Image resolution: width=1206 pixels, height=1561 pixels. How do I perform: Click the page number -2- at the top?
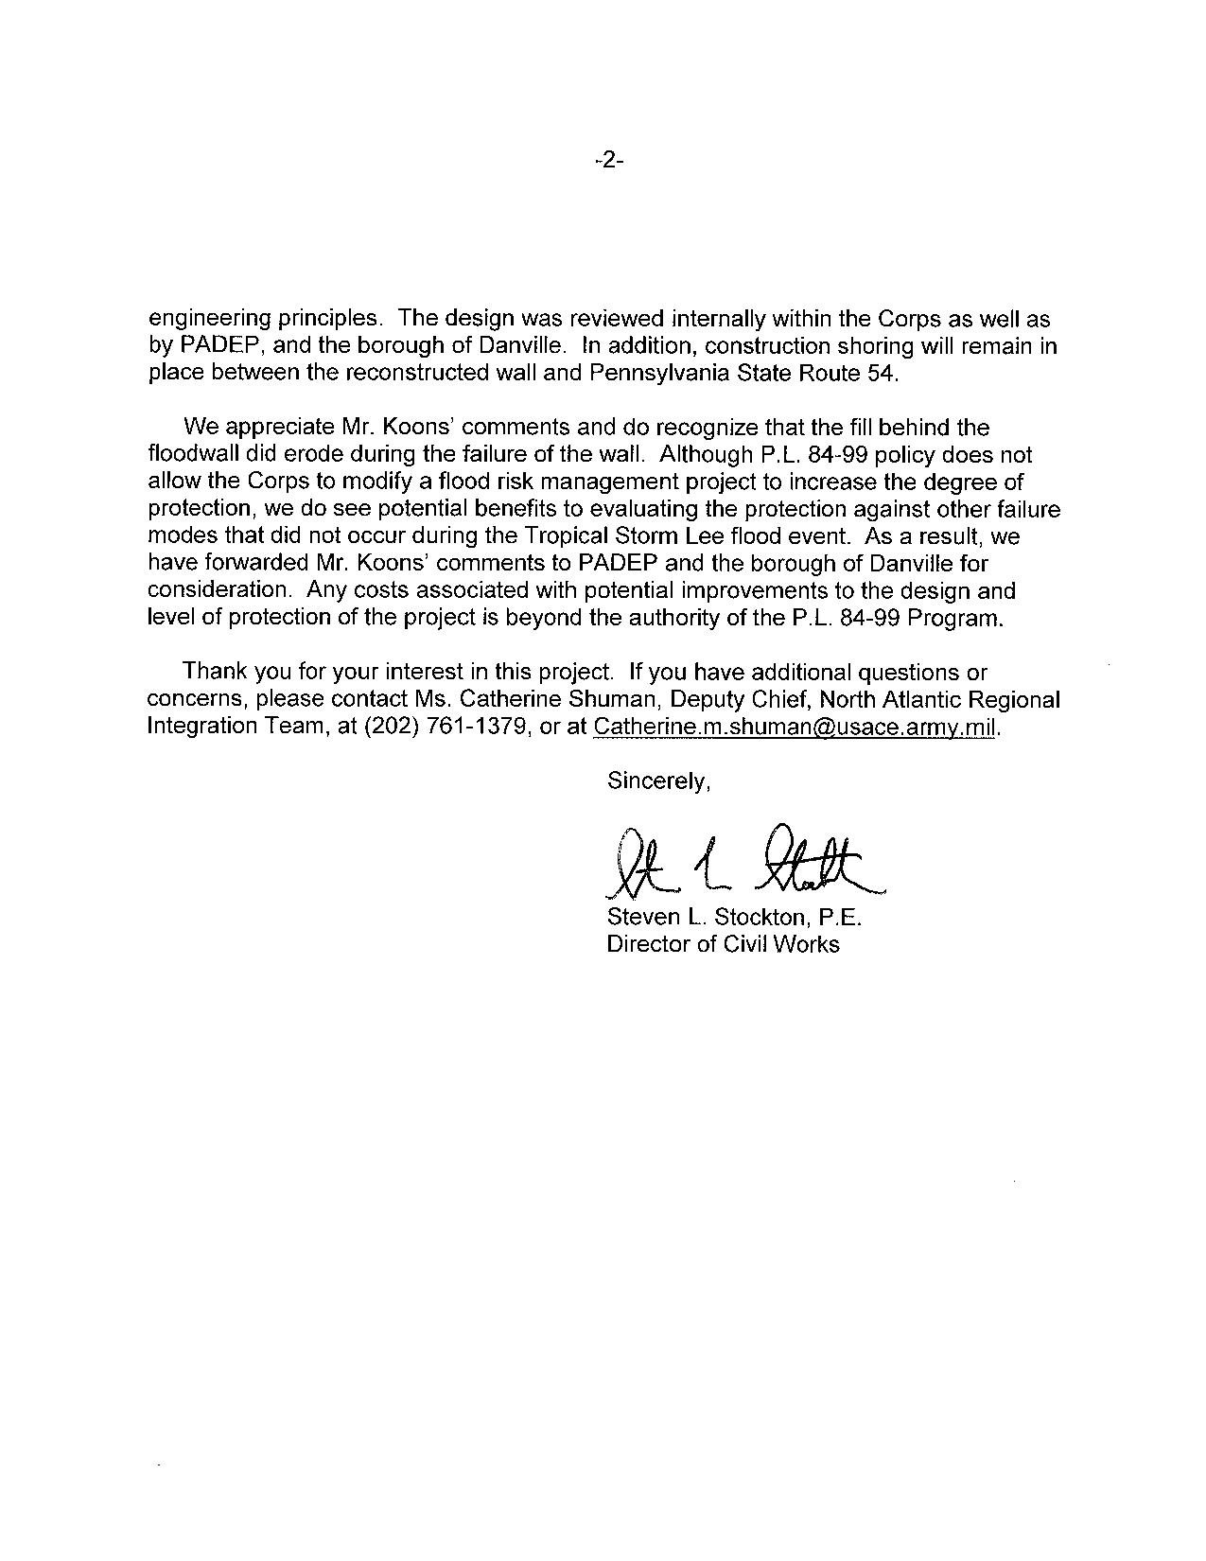(608, 162)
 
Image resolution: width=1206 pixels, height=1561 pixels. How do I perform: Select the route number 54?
(877, 373)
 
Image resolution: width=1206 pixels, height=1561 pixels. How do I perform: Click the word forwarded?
(253, 564)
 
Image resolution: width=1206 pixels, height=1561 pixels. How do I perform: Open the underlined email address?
(794, 727)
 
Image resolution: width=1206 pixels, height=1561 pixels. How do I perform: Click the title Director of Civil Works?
(723, 944)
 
